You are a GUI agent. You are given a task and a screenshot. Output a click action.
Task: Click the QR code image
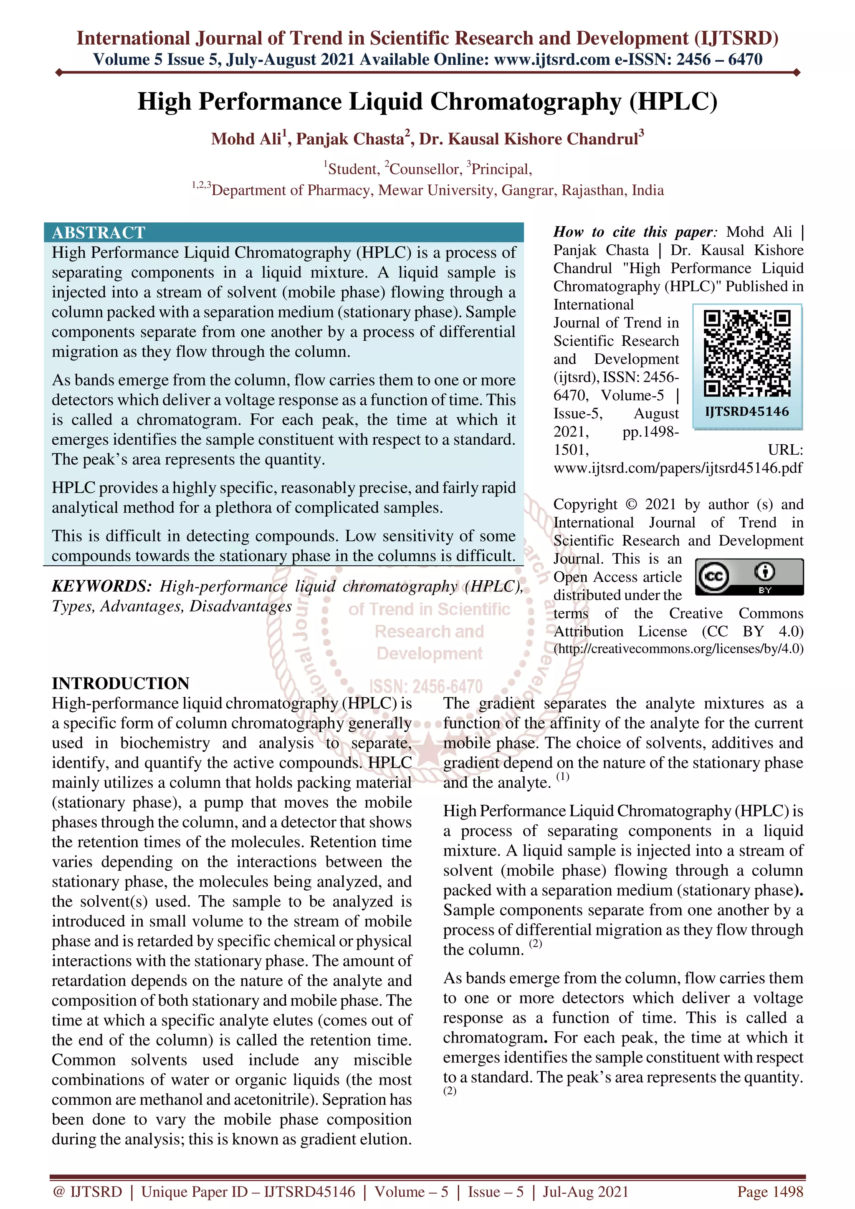pyautogui.click(x=747, y=353)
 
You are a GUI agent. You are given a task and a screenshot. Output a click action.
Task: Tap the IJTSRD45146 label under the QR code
pyautogui.click(x=747, y=411)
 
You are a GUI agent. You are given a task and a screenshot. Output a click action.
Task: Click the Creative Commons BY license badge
pyautogui.click(x=749, y=577)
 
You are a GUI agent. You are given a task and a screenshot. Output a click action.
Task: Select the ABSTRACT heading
pyautogui.click(x=99, y=232)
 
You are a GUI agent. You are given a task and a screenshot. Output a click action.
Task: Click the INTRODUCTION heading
pyautogui.click(x=120, y=683)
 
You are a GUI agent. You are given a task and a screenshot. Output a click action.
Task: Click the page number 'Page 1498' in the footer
pyautogui.click(x=770, y=1191)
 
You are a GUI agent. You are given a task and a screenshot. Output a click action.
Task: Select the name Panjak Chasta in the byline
pyautogui.click(x=350, y=139)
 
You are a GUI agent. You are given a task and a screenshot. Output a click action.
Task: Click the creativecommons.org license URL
pyautogui.click(x=678, y=649)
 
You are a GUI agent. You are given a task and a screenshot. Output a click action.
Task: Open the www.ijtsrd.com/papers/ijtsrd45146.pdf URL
pyautogui.click(x=678, y=468)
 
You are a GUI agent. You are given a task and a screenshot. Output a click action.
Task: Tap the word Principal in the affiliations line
pyautogui.click(x=501, y=169)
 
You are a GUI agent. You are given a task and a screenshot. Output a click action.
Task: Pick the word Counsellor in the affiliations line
pyautogui.click(x=425, y=169)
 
